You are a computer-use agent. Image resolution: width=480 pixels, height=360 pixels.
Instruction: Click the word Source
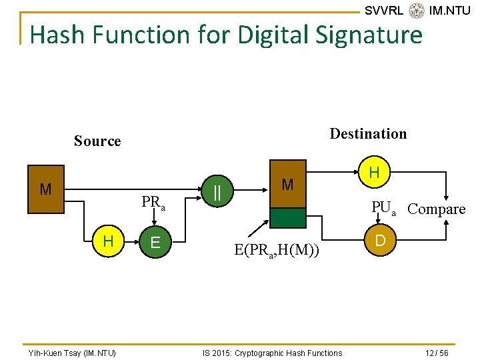(x=97, y=141)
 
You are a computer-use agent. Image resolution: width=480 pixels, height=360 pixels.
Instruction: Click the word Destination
(x=368, y=133)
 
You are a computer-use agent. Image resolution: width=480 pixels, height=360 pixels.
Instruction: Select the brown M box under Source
(x=45, y=190)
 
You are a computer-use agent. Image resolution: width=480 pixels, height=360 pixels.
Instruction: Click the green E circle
(x=155, y=242)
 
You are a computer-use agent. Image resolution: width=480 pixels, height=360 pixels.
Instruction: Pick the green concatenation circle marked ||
(x=217, y=192)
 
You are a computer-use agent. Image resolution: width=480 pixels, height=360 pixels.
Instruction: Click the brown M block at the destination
(x=287, y=184)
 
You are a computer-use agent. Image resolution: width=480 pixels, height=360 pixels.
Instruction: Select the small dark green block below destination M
(x=287, y=218)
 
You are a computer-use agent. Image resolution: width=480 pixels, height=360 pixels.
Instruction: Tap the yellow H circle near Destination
(x=374, y=173)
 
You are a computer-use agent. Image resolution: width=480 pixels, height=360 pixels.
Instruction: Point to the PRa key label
(x=153, y=203)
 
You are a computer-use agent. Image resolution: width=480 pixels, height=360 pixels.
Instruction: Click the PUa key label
(x=383, y=209)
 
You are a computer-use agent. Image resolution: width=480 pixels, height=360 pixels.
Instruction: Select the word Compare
(x=437, y=209)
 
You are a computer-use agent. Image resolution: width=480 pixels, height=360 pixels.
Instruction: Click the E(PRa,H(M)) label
(x=276, y=251)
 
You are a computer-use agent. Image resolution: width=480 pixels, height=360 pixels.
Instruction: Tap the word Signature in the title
(x=360, y=35)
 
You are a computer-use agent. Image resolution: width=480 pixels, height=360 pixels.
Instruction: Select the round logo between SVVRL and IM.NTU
(x=417, y=11)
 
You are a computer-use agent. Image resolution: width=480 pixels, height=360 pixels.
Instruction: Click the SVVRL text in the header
(x=384, y=11)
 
